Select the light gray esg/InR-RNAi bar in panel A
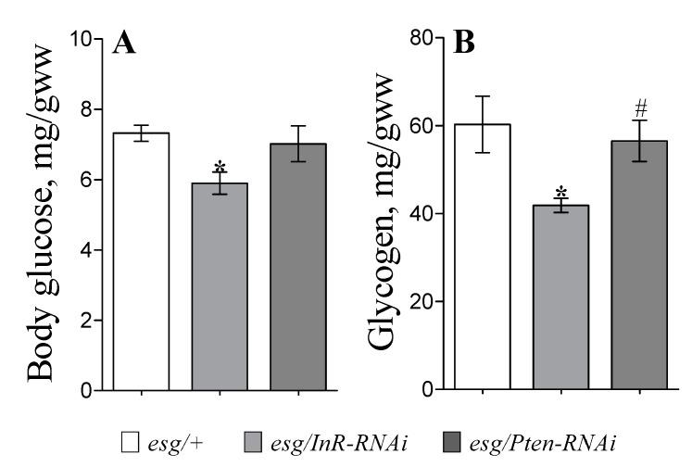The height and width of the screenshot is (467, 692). click(220, 286)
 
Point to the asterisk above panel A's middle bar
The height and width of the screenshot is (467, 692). click(220, 168)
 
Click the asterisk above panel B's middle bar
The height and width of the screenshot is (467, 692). click(560, 193)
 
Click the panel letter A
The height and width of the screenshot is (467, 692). click(124, 44)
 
